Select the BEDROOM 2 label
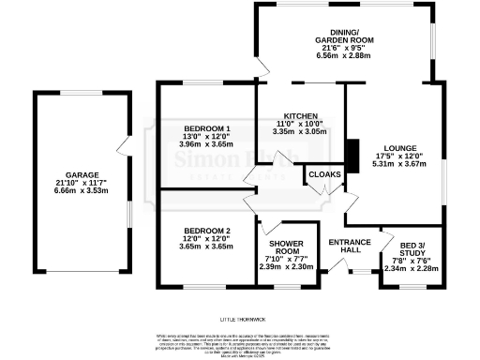tap(207, 231)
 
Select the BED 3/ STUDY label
tap(412, 251)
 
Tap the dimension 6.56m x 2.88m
tap(345, 56)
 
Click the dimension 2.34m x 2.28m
tap(412, 267)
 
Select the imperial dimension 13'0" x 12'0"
tap(207, 136)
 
